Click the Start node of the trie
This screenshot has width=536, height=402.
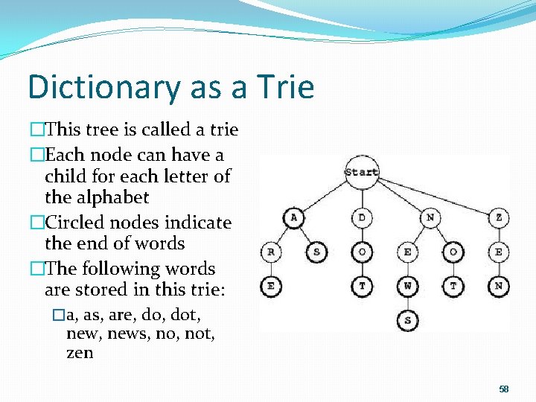(x=362, y=172)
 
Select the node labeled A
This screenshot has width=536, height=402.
(x=294, y=217)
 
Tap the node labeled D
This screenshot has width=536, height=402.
(x=362, y=217)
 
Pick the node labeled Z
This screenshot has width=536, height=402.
(x=498, y=217)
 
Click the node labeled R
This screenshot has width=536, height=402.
(x=271, y=252)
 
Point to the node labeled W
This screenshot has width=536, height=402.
(x=407, y=286)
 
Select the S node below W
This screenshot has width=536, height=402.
(x=407, y=320)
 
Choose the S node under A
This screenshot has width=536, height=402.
(x=316, y=252)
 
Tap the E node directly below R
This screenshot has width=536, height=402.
(x=271, y=286)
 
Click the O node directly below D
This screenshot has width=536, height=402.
(x=362, y=252)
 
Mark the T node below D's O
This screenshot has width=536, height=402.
(x=362, y=286)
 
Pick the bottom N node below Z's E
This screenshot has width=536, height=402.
(x=498, y=286)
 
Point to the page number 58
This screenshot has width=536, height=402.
(x=504, y=389)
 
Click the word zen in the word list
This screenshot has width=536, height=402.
(x=80, y=353)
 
